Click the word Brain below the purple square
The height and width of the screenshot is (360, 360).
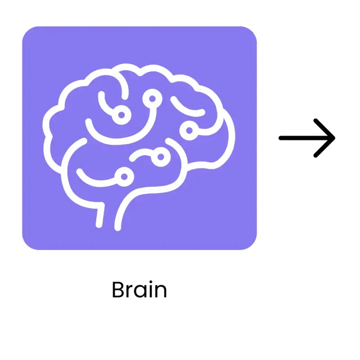coord(139,290)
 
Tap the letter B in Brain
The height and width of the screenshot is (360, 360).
coord(118,290)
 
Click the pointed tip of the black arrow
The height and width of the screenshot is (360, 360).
coord(334,138)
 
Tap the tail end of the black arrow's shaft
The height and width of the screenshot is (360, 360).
coord(281,138)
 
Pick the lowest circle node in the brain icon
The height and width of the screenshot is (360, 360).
coord(123,174)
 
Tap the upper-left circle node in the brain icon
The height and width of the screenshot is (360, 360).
coord(121,115)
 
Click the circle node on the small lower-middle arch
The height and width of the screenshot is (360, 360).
coord(161,156)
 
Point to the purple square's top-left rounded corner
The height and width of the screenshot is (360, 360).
coord(27,31)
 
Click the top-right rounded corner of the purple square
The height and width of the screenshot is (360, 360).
coord(252,31)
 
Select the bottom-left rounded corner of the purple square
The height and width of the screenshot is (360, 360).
coord(27,245)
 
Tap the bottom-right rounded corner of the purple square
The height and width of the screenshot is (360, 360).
coord(252,245)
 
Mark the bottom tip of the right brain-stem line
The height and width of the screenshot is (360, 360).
coord(118,227)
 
